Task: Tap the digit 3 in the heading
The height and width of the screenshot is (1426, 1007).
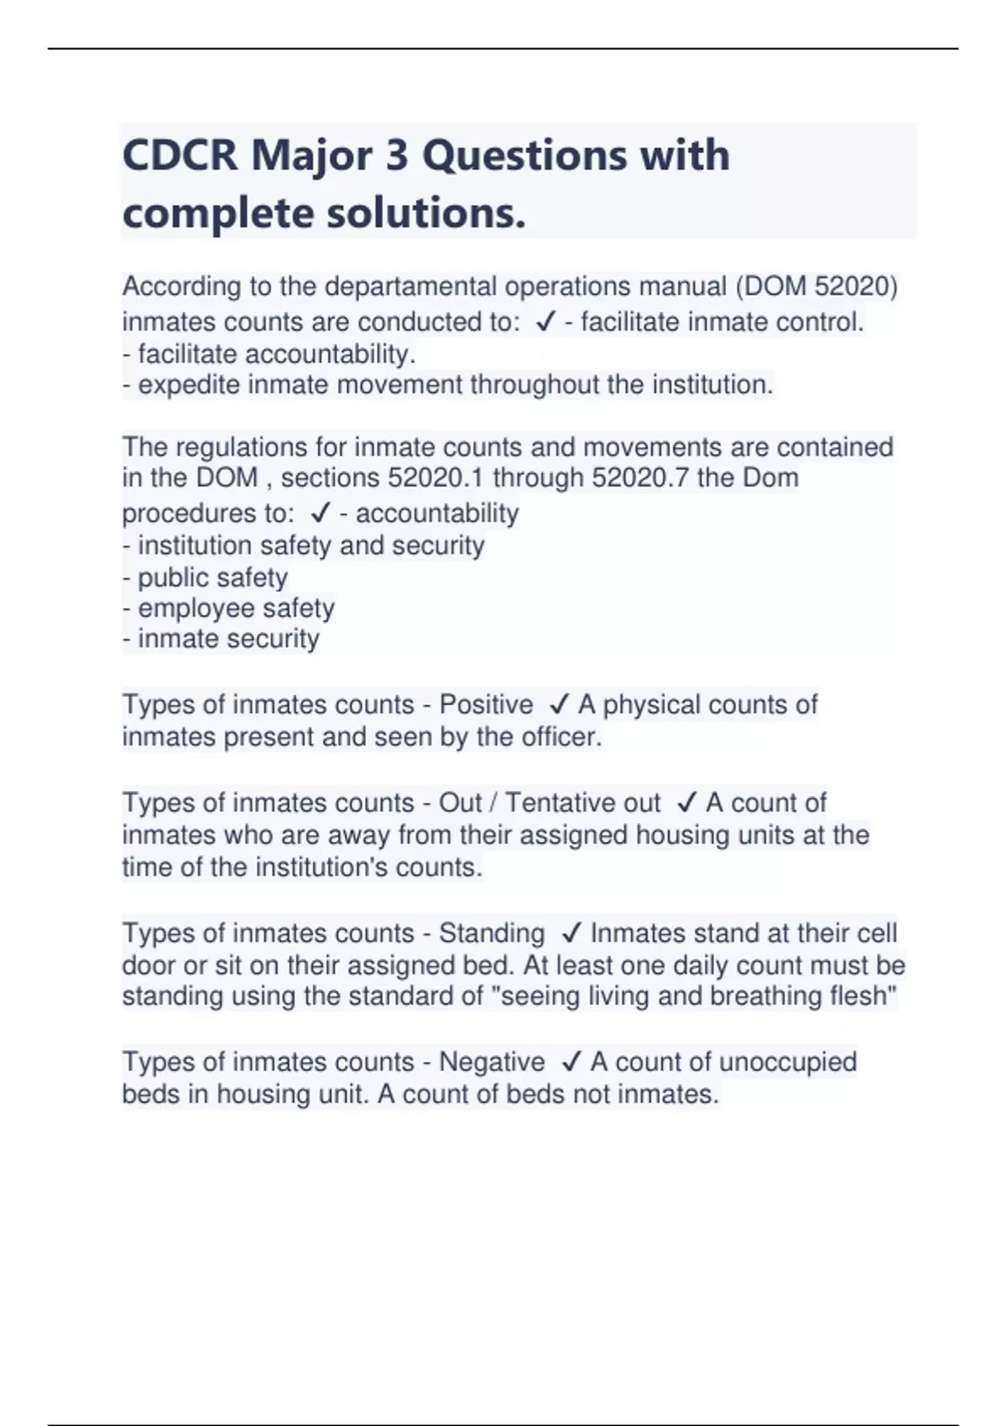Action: (396, 156)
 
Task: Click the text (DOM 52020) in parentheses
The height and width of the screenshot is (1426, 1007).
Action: (817, 287)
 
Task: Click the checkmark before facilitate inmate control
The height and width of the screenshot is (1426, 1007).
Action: (545, 323)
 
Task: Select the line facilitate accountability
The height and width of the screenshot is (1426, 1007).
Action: (269, 354)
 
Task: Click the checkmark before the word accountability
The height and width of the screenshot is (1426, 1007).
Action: (320, 513)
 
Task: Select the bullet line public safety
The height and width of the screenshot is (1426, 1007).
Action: (206, 577)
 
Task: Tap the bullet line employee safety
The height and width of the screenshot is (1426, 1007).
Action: (228, 608)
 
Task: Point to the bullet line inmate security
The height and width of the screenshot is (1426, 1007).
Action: (221, 639)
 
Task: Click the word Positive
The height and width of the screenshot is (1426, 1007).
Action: (486, 705)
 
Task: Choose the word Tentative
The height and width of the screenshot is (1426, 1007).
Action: (561, 803)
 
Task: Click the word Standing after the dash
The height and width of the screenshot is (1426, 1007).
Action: (492, 933)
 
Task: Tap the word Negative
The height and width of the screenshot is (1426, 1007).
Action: (492, 1062)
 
